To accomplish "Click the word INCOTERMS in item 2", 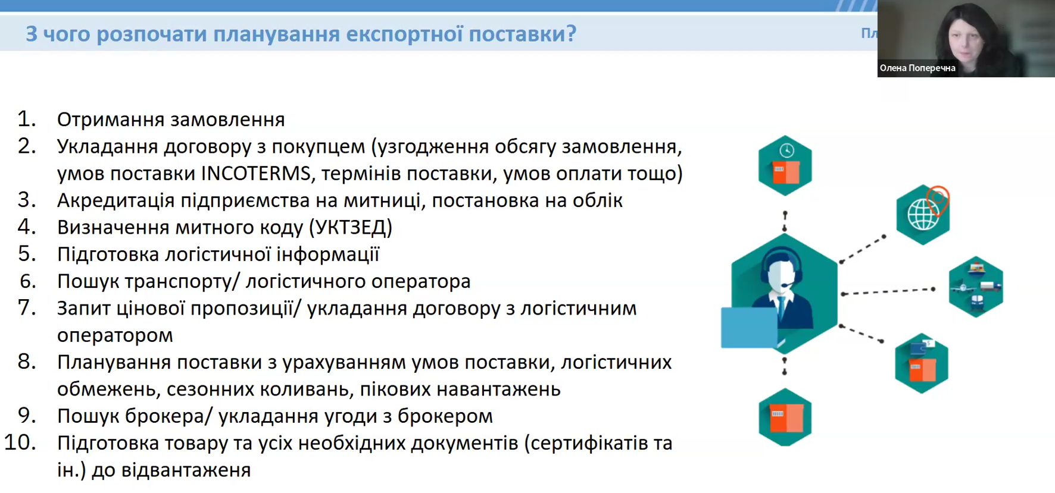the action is point(256,174).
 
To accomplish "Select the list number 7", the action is point(27,308).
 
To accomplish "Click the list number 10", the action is point(20,442).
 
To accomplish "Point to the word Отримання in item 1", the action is point(103,120).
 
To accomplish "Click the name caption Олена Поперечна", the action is point(917,68).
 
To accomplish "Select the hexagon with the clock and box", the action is point(785,165).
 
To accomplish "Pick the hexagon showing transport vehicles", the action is point(976,287).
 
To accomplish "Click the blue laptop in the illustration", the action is point(749,327).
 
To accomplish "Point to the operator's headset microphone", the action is point(787,286).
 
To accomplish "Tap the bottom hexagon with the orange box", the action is point(785,417).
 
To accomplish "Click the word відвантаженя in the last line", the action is point(186,470).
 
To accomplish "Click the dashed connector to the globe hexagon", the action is point(862,249).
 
